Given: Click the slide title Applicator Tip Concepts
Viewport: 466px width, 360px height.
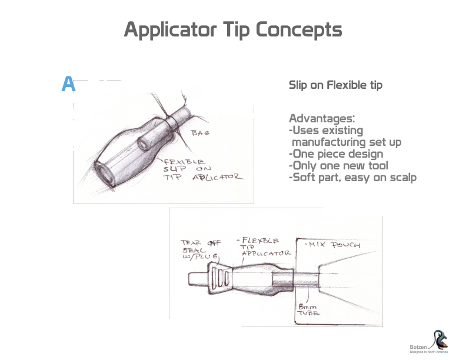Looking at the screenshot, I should pyautogui.click(x=232, y=30).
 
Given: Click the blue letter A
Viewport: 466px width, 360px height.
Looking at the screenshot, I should pyautogui.click(x=68, y=85).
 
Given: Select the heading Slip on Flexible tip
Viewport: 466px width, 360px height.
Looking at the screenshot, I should pyautogui.click(x=335, y=85).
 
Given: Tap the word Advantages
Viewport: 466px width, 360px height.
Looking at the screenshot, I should pyautogui.click(x=321, y=119).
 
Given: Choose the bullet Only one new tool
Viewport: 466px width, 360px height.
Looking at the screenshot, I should pyautogui.click(x=338, y=166).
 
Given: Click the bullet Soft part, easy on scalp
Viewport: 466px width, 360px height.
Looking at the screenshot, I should pyautogui.click(x=352, y=178).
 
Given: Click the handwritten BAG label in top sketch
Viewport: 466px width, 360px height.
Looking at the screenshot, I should pyautogui.click(x=201, y=133).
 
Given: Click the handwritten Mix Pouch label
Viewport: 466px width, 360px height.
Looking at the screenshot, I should pyautogui.click(x=333, y=244).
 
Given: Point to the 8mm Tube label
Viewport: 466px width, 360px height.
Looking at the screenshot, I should pyautogui.click(x=309, y=311).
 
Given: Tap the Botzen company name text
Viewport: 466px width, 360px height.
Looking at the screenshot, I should pyautogui.click(x=418, y=347).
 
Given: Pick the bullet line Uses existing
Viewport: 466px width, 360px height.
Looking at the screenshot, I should pyautogui.click(x=326, y=131).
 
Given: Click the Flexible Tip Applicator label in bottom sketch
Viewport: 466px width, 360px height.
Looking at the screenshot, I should pyautogui.click(x=264, y=247).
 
